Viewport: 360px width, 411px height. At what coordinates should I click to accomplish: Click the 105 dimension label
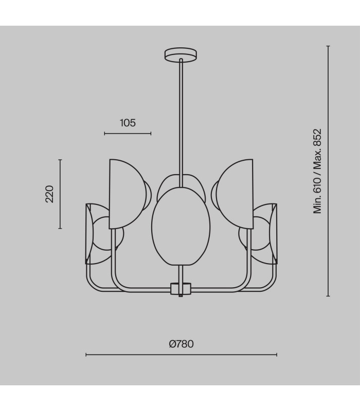pyautogui.click(x=128, y=123)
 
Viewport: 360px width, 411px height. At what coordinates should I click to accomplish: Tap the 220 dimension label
pyautogui.click(x=49, y=194)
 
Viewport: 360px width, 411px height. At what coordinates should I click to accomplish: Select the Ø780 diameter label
pyautogui.click(x=182, y=344)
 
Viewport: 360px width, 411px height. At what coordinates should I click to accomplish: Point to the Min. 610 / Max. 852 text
pyautogui.click(x=317, y=171)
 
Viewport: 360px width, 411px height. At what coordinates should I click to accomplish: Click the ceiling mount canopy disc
pyautogui.click(x=181, y=54)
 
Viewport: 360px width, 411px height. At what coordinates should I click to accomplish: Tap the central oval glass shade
pyautogui.click(x=181, y=227)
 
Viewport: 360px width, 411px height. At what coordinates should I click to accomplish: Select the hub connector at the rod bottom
pyautogui.click(x=181, y=289)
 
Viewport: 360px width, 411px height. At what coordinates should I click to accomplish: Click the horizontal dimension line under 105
pyautogui.click(x=128, y=134)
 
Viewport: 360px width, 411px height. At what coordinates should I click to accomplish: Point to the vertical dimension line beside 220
pyautogui.click(x=60, y=194)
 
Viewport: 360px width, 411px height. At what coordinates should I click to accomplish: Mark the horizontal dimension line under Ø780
pyautogui.click(x=182, y=355)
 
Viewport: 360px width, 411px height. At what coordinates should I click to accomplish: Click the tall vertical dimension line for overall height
pyautogui.click(x=328, y=171)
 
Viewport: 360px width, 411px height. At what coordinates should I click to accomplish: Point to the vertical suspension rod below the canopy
pyautogui.click(x=181, y=123)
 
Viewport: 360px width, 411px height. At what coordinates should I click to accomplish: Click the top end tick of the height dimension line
pyautogui.click(x=328, y=46)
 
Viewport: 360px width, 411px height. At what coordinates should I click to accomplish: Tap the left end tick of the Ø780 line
pyautogui.click(x=86, y=355)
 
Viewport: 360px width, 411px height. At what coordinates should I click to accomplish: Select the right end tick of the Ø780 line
pyautogui.click(x=277, y=355)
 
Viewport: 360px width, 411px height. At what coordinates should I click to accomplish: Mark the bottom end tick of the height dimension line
pyautogui.click(x=328, y=296)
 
